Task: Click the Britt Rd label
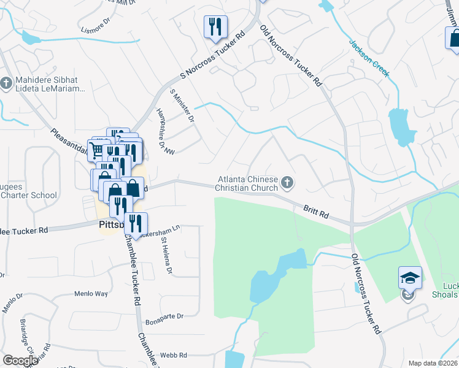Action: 317,212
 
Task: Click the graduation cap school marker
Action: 410,278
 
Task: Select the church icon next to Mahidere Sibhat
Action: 7,82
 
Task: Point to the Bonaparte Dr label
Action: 164,316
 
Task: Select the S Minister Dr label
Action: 182,105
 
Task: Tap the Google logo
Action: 20,361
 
